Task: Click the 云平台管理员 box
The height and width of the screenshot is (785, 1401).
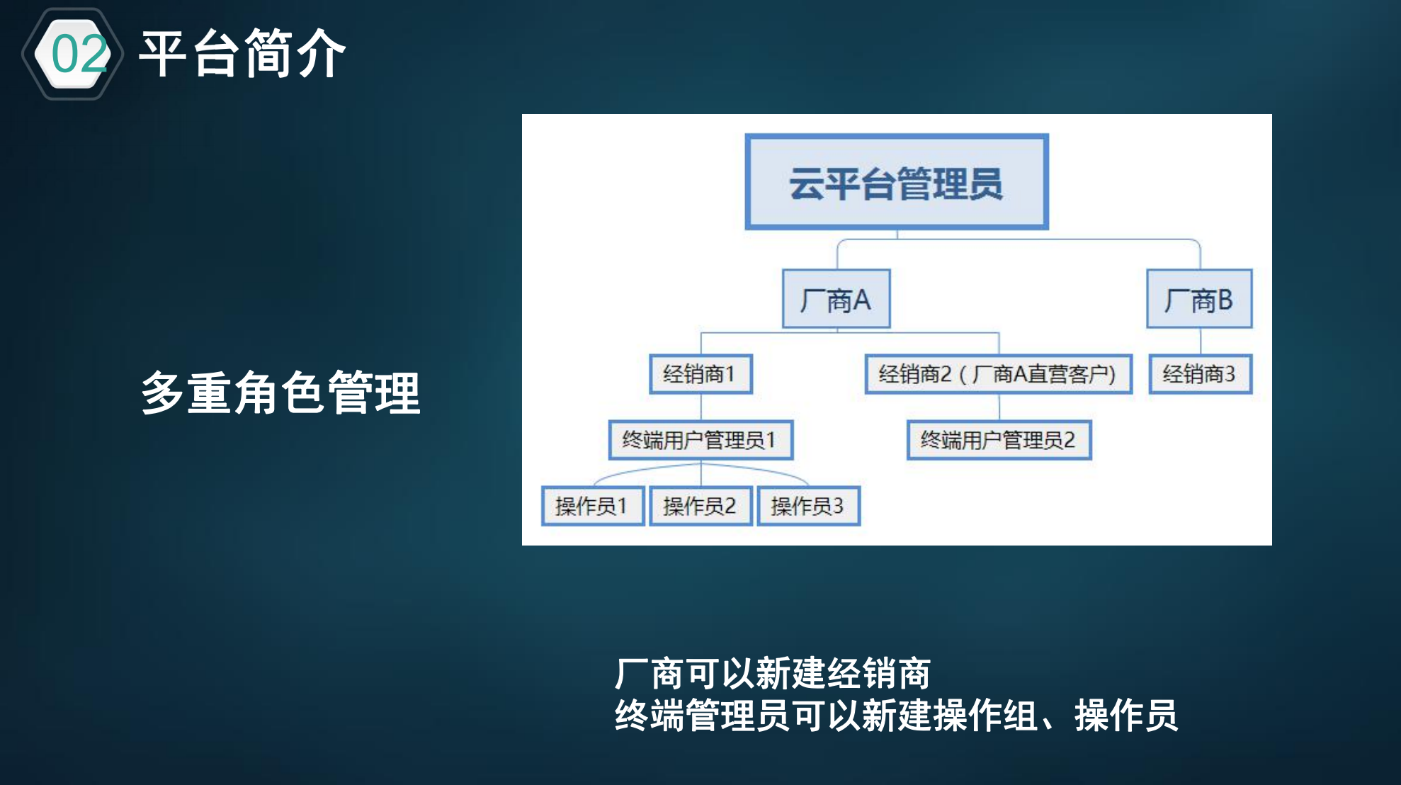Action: tap(896, 182)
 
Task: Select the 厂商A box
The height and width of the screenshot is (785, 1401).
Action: tap(836, 299)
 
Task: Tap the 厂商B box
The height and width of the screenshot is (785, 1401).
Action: tap(1199, 299)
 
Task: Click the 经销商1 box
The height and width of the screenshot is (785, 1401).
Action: tap(700, 373)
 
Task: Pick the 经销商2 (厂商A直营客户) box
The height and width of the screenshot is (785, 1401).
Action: tap(998, 373)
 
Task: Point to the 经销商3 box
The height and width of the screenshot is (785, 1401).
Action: tap(1200, 373)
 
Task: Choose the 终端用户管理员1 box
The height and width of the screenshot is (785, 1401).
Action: tap(700, 440)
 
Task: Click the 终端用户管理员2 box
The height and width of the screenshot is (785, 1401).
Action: tap(999, 440)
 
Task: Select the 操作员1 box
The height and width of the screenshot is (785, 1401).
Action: tap(592, 506)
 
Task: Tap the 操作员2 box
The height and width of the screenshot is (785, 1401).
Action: tap(700, 506)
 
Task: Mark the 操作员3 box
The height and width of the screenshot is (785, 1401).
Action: tap(808, 506)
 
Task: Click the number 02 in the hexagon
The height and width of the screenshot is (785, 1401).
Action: tap(79, 55)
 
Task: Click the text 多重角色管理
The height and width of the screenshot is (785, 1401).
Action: tap(280, 392)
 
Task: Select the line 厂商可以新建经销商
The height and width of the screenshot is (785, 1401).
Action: tap(772, 673)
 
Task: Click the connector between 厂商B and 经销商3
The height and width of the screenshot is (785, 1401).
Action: tap(1200, 341)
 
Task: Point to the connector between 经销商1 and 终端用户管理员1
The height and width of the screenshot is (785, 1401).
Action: tap(700, 407)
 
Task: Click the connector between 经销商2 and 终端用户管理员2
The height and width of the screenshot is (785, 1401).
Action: tap(999, 407)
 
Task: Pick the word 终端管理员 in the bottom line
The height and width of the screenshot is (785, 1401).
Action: tap(702, 715)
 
